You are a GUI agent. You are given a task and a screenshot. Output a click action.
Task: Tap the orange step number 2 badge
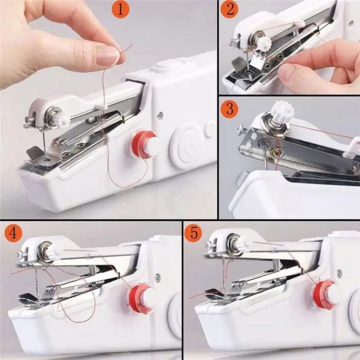229,10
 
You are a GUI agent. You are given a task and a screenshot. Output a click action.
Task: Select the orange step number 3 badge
229,110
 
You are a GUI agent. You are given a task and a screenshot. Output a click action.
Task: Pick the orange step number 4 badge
13,234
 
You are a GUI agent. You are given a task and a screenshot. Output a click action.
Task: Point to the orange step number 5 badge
194,233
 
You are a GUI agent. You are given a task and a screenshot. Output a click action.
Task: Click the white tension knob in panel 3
279,111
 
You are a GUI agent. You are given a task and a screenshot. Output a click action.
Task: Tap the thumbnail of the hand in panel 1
108,56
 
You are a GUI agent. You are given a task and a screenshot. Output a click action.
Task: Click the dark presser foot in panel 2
239,65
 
